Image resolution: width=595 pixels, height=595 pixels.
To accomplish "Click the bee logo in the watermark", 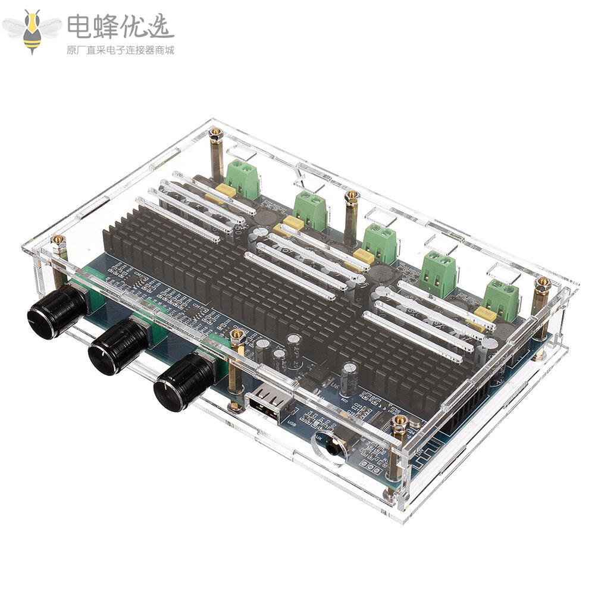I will point(32,30).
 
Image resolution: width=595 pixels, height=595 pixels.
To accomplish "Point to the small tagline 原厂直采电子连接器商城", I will point(120,51).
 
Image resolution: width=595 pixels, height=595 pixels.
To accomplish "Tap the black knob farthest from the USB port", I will point(57,311).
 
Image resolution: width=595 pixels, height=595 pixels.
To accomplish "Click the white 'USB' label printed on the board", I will point(292,424).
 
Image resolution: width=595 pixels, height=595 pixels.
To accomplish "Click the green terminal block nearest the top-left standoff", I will point(243,178).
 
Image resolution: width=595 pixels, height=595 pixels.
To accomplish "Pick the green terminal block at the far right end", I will point(501,299).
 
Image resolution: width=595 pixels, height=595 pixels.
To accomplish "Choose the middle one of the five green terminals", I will point(380,242).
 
